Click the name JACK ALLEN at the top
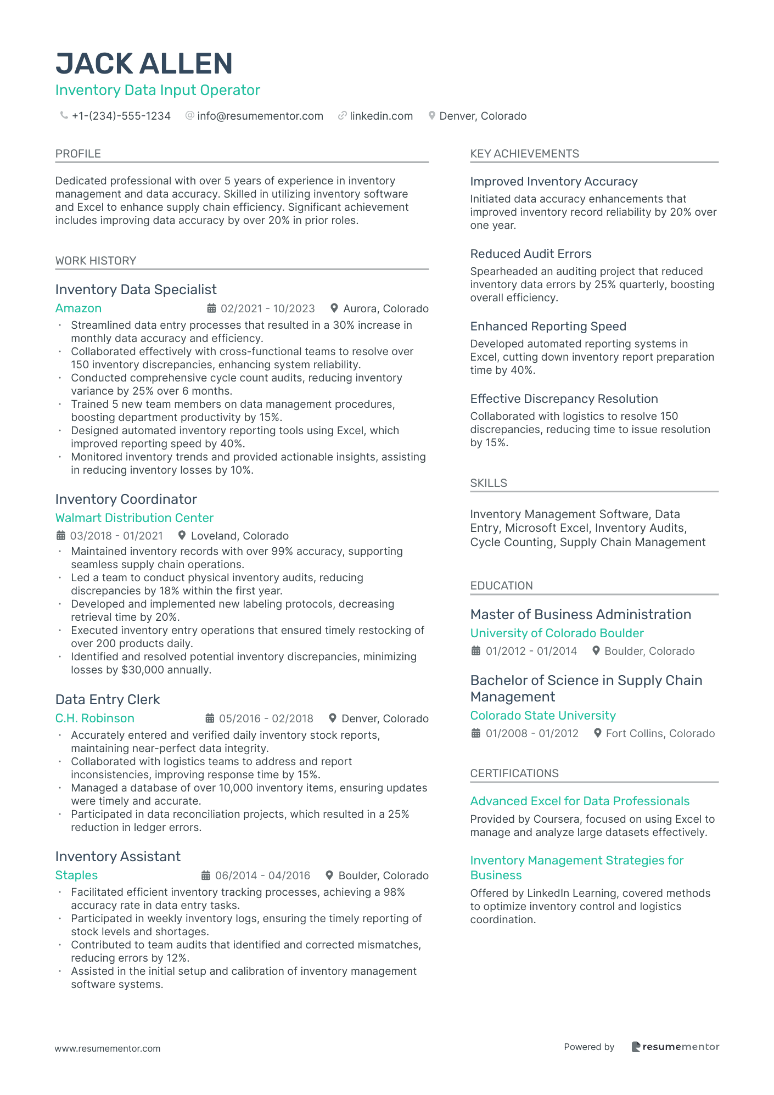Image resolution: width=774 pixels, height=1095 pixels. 144,64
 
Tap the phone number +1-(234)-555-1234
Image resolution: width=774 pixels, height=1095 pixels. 121,116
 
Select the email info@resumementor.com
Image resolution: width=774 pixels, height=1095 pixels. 260,116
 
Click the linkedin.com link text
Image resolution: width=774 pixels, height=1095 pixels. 381,116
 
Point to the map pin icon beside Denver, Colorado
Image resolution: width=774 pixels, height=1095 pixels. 432,116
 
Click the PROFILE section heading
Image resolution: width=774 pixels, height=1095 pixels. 78,154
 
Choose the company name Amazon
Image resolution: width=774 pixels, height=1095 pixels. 78,308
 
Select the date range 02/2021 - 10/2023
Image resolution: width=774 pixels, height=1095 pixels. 267,308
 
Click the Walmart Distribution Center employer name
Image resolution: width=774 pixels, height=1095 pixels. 134,518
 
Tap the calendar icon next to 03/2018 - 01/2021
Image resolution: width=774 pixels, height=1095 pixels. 61,536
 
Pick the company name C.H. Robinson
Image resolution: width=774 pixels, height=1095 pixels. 94,718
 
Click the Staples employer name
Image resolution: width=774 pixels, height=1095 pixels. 76,875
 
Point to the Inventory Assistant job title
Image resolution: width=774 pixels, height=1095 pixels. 117,856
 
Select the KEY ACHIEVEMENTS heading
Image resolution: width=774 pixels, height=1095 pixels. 524,154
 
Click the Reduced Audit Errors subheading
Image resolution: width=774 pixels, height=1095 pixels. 531,254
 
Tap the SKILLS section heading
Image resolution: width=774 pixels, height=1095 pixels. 489,483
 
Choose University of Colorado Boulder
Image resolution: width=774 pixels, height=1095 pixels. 557,633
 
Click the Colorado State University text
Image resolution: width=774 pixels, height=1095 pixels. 543,715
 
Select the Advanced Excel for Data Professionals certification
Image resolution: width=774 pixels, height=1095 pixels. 580,801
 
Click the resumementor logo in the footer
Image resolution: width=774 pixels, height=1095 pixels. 675,1047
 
